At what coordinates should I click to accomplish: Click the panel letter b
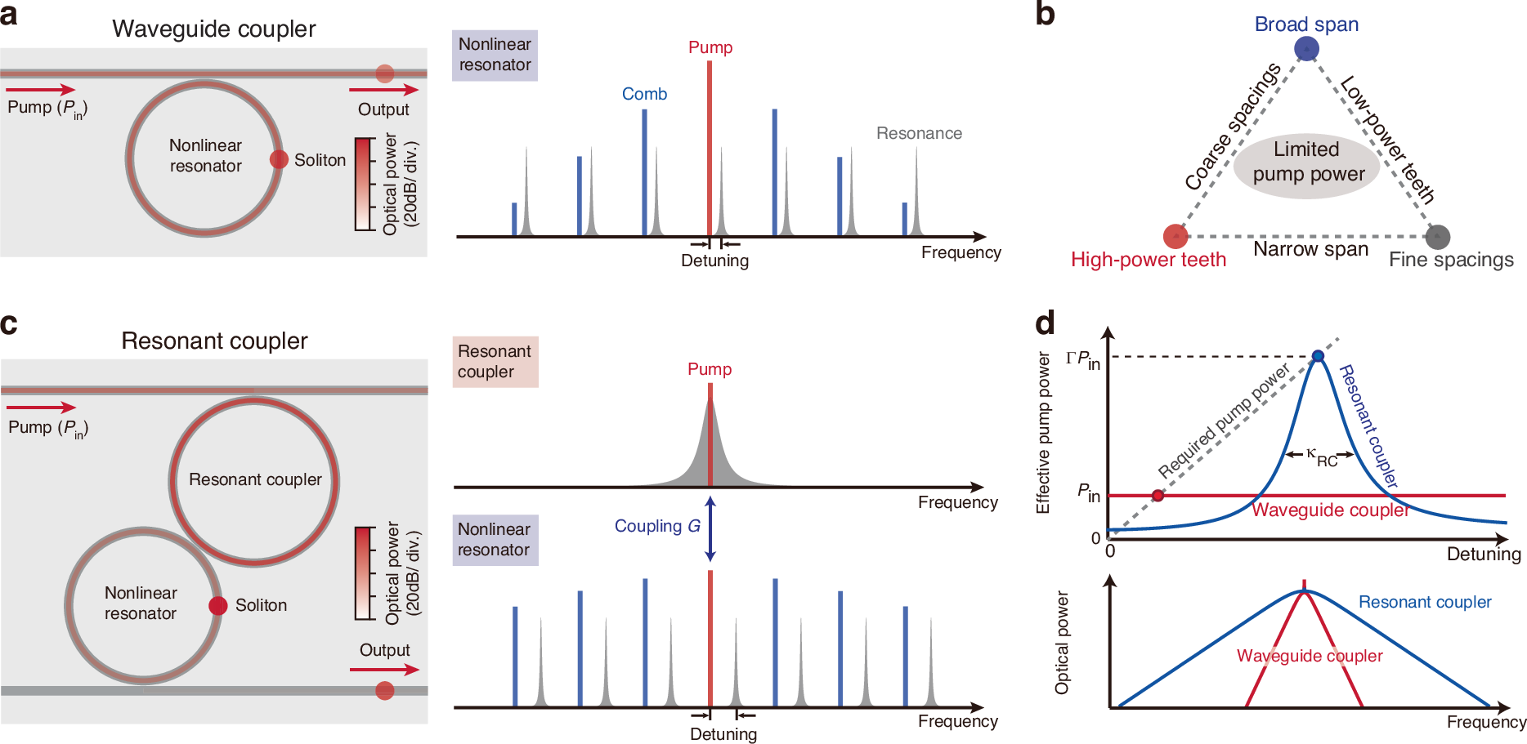1045,15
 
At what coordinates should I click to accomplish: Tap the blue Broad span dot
1306,49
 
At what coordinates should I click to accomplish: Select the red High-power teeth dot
1175,237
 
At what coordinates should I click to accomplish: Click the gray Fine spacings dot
1437,237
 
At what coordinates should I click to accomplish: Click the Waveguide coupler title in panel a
213,29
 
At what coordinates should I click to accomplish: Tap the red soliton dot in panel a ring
279,159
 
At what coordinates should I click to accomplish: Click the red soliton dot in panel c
217,605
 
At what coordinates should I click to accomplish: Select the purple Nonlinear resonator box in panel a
495,55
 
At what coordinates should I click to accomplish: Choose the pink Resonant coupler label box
495,362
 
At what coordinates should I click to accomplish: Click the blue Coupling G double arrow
710,528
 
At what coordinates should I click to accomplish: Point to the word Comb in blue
644,94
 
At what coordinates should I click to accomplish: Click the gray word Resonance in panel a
919,133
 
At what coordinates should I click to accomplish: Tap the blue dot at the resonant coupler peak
1318,356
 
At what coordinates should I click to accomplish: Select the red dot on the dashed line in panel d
1158,496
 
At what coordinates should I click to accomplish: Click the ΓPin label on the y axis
1083,359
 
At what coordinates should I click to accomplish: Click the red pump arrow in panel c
41,408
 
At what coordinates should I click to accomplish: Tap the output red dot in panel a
385,74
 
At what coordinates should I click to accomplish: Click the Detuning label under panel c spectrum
723,733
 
